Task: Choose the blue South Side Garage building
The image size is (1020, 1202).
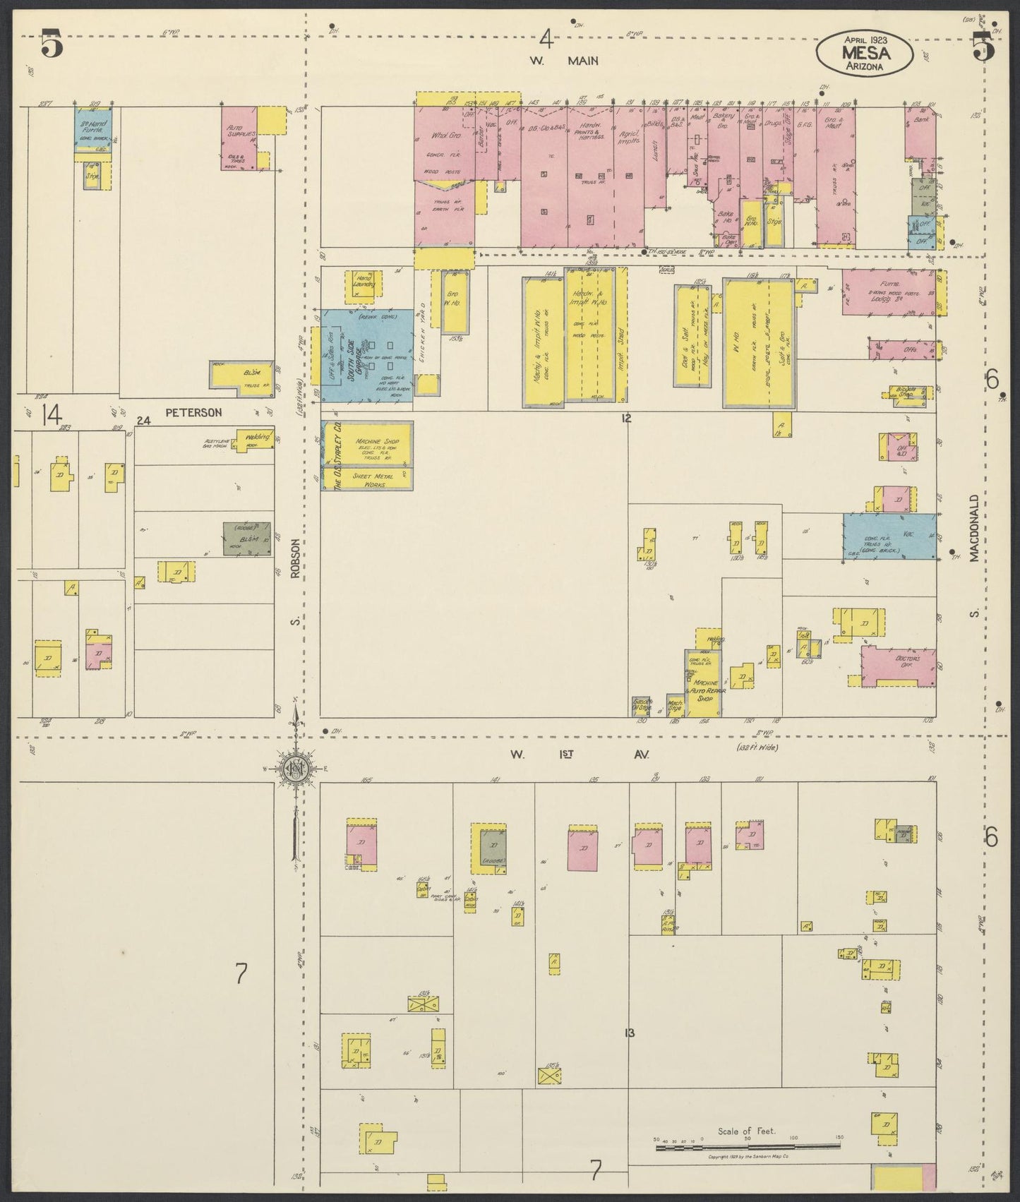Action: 367,357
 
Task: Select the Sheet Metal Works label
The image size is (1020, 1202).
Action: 373,479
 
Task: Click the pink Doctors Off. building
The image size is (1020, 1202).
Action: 898,666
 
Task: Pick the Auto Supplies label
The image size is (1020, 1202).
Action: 237,132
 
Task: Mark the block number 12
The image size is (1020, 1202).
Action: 625,419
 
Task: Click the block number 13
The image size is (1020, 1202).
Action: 630,1033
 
